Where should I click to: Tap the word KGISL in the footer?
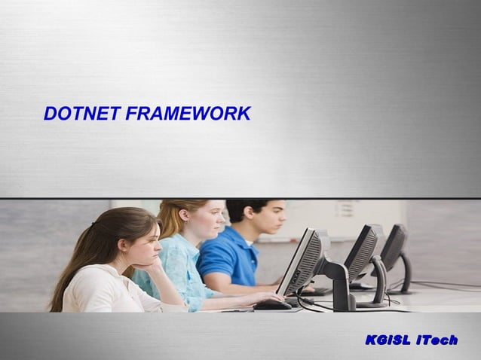click(388, 340)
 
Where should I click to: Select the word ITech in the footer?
click(437, 340)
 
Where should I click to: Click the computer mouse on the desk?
click(272, 304)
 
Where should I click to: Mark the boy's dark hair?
click(248, 206)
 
